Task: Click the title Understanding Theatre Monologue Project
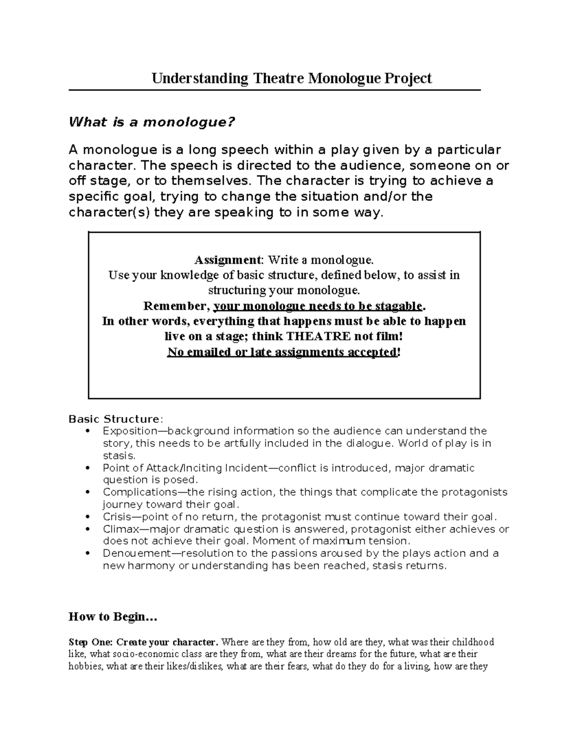[x=292, y=78]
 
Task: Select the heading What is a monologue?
[x=152, y=122]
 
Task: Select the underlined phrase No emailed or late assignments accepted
[x=282, y=352]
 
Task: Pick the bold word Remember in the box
[x=176, y=306]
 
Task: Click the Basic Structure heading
[x=114, y=419]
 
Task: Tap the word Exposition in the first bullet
[x=127, y=431]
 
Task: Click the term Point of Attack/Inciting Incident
[x=185, y=468]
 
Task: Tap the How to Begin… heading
[x=113, y=617]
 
